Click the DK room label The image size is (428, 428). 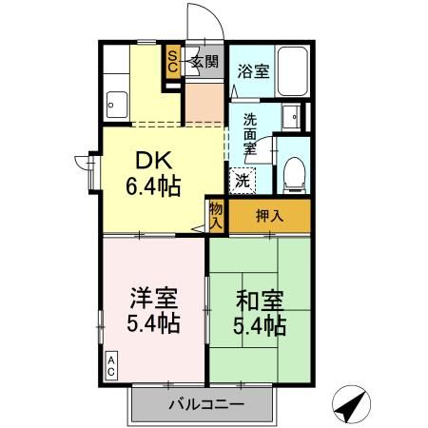tap(154, 160)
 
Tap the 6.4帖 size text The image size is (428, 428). tap(153, 186)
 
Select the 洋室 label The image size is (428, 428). tap(153, 298)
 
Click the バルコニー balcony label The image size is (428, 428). tap(206, 404)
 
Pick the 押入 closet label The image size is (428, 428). tap(269, 216)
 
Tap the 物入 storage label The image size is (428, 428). tap(216, 216)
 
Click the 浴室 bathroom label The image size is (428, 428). tap(253, 71)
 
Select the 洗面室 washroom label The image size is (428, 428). tap(250, 134)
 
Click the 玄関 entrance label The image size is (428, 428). tap(205, 62)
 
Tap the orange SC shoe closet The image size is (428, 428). tap(173, 62)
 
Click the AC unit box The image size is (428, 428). tap(111, 365)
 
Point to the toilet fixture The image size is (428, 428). tap(294, 175)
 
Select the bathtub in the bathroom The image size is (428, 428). tap(292, 71)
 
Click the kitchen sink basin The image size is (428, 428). tap(117, 105)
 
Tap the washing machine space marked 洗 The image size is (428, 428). tap(243, 181)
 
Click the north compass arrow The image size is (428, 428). tap(351, 404)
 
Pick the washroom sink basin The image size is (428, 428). tap(291, 117)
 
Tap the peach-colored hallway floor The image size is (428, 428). tap(204, 103)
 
